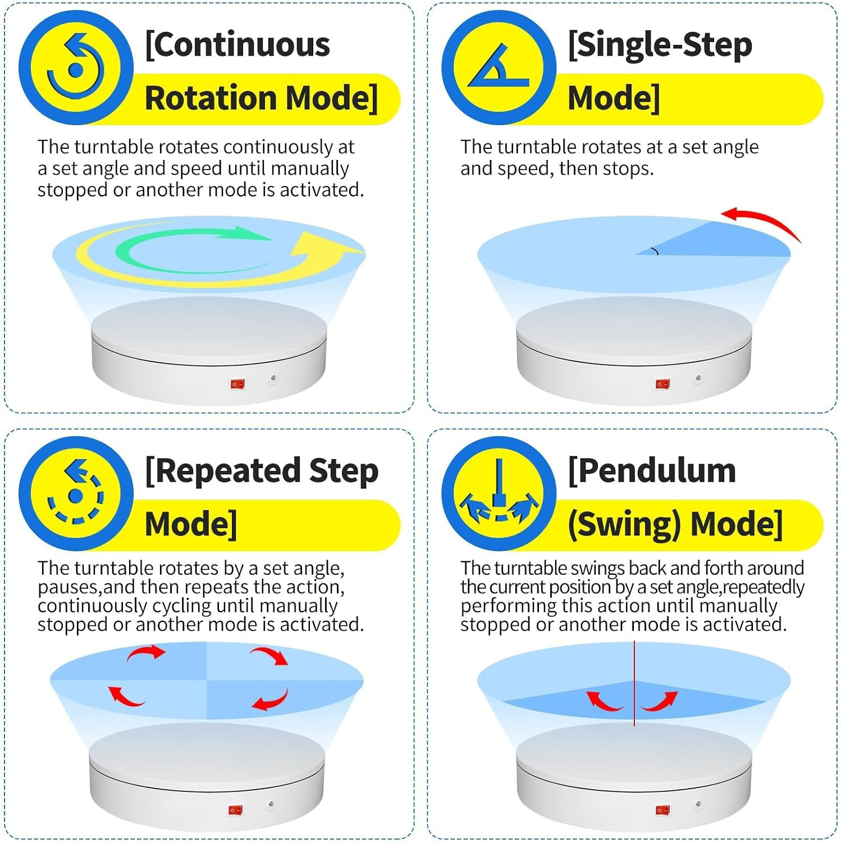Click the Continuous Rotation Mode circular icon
point(76,67)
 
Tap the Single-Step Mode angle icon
point(499,67)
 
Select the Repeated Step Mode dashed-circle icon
point(76,494)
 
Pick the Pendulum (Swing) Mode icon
point(499,494)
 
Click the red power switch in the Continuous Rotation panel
point(237,384)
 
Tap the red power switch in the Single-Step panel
point(662,384)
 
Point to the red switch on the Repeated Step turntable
point(236,810)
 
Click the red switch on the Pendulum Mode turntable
point(662,810)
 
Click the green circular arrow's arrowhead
point(253,233)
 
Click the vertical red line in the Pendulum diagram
point(634,684)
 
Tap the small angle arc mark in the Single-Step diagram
point(655,251)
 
